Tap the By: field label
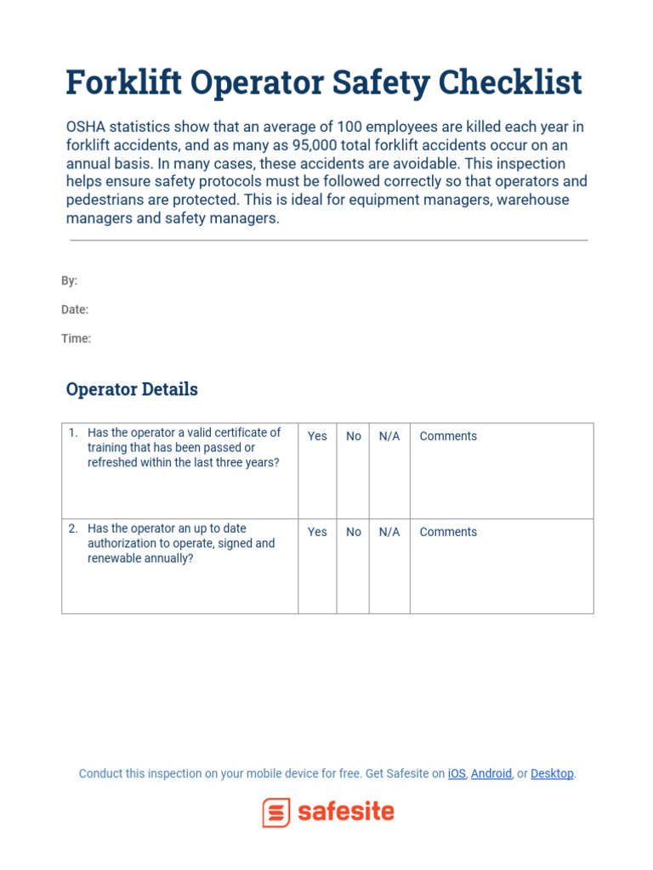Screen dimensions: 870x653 [x=69, y=280]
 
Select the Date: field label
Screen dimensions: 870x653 [x=75, y=309]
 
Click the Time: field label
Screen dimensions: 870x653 [x=76, y=338]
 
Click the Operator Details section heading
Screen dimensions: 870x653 [x=132, y=389]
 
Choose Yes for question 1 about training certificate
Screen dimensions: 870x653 [x=317, y=436]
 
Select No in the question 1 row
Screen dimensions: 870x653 [x=354, y=436]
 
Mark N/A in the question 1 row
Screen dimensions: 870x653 [x=389, y=436]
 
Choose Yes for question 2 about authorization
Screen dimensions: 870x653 [x=317, y=532]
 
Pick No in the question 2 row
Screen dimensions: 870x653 [x=354, y=532]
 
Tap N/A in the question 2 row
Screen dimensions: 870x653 [x=389, y=532]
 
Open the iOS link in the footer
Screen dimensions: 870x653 [x=457, y=773]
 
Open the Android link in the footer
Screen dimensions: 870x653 [x=491, y=773]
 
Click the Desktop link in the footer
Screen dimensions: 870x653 [x=552, y=773]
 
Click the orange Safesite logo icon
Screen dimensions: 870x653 [x=276, y=812]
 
